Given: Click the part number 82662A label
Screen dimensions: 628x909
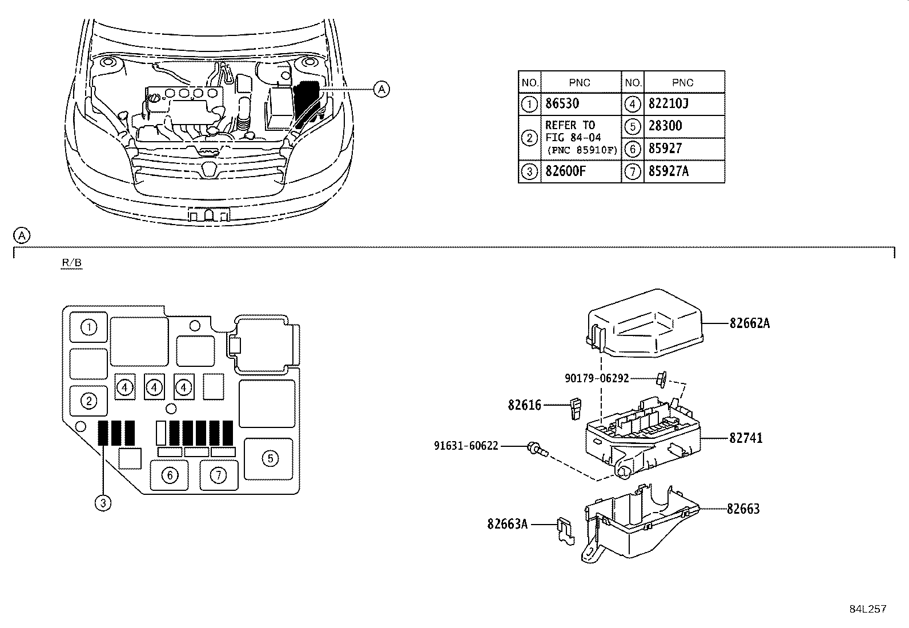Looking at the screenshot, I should pyautogui.click(x=749, y=323).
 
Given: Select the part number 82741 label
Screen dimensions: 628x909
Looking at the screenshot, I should pyautogui.click(x=745, y=438).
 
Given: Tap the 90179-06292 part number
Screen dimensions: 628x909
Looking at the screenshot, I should pyautogui.click(x=597, y=378).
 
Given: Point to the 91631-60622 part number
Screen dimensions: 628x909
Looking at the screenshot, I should pyautogui.click(x=466, y=445).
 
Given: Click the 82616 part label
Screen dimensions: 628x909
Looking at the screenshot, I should pyautogui.click(x=524, y=406).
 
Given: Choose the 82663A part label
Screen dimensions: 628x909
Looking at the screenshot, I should pyautogui.click(x=508, y=523).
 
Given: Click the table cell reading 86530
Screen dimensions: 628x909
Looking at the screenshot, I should pyautogui.click(x=562, y=104).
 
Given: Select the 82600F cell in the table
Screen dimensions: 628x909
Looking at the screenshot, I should pyautogui.click(x=565, y=171).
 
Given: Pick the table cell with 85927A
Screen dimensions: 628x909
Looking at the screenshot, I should pyautogui.click(x=669, y=171).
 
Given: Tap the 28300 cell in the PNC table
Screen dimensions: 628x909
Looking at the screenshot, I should pyautogui.click(x=665, y=126).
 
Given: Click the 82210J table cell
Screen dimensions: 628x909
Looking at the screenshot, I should pyautogui.click(x=669, y=104).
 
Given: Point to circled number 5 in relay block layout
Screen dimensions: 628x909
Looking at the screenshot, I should pyautogui.click(x=270, y=458).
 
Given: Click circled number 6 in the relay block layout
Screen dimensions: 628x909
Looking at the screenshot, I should pyautogui.click(x=170, y=474).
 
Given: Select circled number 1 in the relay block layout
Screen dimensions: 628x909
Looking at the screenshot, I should pyautogui.click(x=89, y=327).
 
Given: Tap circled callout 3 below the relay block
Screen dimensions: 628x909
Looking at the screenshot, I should pyautogui.click(x=103, y=503).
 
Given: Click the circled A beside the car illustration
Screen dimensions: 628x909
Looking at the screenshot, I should pyautogui.click(x=381, y=89).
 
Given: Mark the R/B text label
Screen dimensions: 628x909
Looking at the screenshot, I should pyautogui.click(x=72, y=263).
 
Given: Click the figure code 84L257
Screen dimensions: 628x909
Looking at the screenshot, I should pyautogui.click(x=867, y=609).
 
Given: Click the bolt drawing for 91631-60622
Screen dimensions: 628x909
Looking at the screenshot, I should pyautogui.click(x=536, y=450).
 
